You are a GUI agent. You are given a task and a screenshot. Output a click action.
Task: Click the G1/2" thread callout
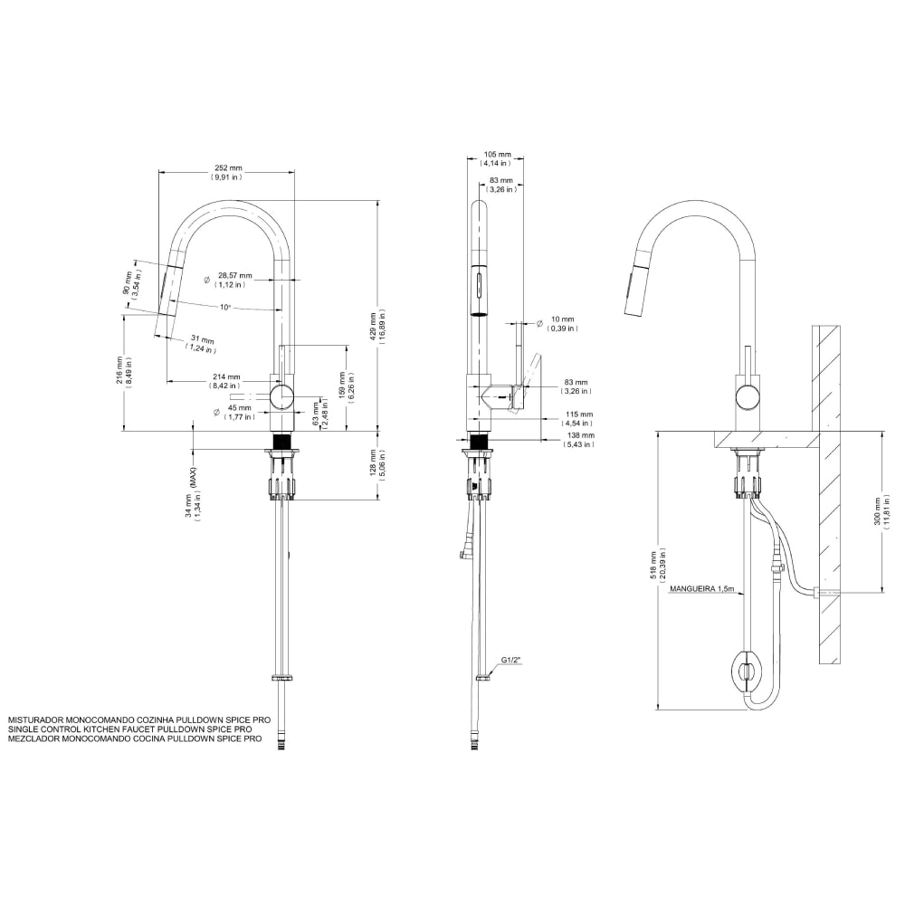click(x=511, y=660)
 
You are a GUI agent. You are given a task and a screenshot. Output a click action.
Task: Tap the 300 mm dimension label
click(x=890, y=511)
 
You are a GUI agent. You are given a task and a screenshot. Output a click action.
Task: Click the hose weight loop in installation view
click(x=747, y=672)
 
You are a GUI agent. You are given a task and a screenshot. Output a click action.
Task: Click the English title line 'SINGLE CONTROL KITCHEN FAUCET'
click(x=129, y=728)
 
